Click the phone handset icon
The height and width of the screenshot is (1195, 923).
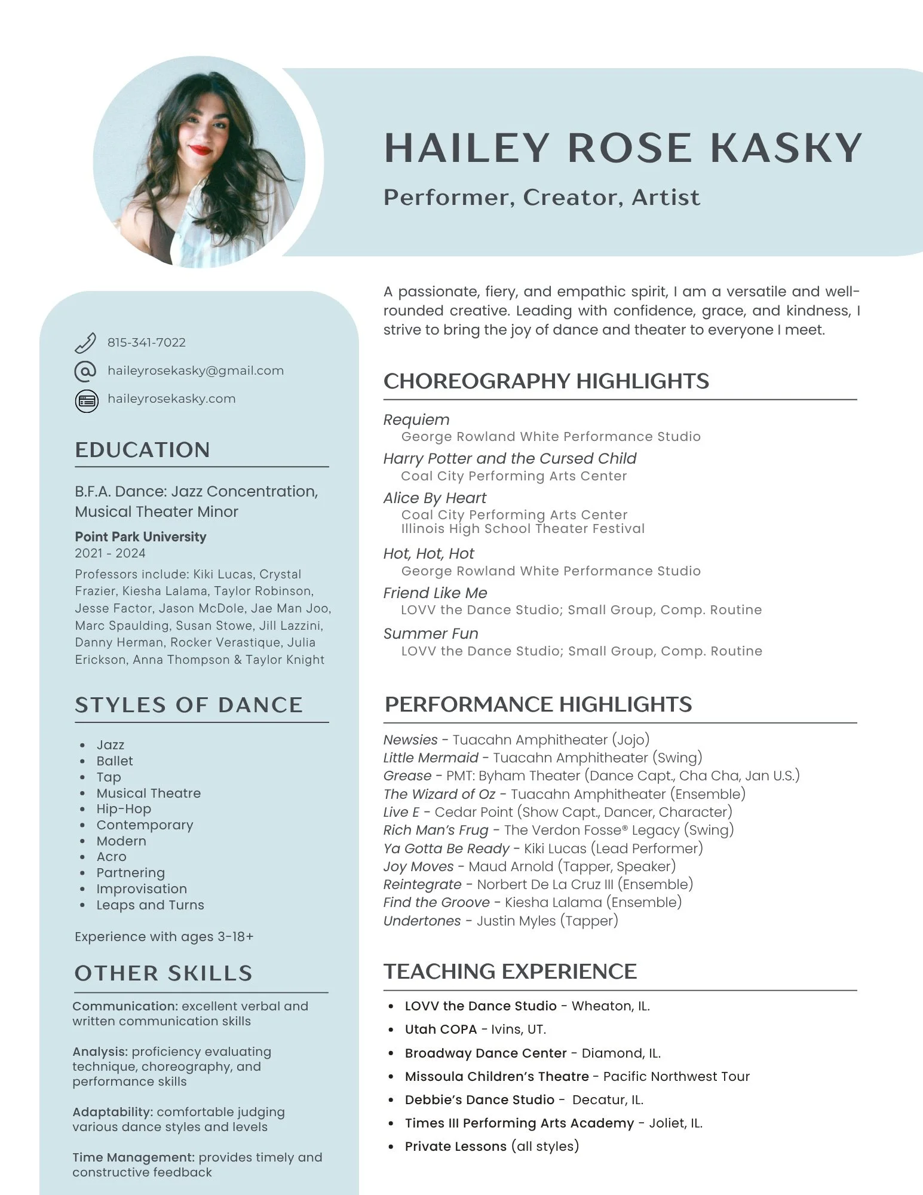(x=85, y=342)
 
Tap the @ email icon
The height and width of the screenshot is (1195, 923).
(x=85, y=371)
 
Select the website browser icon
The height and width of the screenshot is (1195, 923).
(x=87, y=400)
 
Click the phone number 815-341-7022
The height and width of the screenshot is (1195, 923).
(x=146, y=342)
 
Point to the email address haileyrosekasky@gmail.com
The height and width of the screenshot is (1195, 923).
(x=195, y=370)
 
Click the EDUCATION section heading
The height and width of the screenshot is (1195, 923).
(x=142, y=450)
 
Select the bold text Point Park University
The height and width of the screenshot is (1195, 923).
(x=140, y=537)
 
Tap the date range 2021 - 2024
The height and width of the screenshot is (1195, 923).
(x=110, y=553)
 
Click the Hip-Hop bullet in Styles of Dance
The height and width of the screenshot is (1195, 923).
(x=124, y=809)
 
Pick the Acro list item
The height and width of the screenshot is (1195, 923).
(x=111, y=857)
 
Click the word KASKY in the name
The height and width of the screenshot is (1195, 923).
(x=786, y=148)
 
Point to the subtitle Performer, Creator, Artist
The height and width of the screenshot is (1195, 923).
(x=541, y=197)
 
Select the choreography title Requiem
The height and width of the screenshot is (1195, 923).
(x=416, y=419)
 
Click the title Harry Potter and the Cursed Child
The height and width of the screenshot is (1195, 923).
(x=510, y=458)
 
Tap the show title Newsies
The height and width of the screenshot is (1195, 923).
(x=410, y=740)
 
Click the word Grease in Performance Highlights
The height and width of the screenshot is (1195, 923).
(x=407, y=776)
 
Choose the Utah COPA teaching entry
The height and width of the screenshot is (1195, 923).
(x=441, y=1029)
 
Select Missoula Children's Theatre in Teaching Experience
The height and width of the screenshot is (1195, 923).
(x=496, y=1076)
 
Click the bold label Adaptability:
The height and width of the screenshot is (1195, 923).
(x=113, y=1112)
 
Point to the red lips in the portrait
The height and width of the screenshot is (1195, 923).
(x=200, y=149)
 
